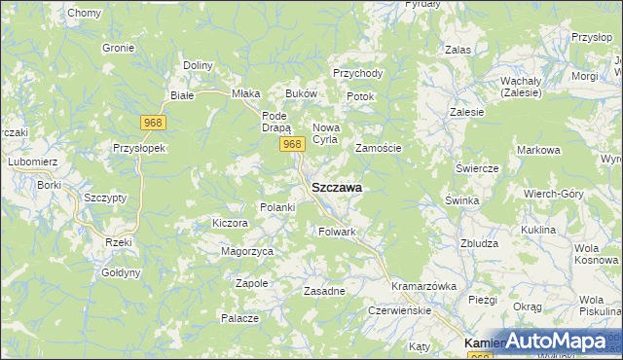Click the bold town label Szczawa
click(x=337, y=188)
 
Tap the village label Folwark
click(x=338, y=232)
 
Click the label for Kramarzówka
click(x=423, y=287)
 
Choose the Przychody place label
click(x=357, y=73)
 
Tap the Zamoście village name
click(x=378, y=148)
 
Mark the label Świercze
click(x=477, y=167)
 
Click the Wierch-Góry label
click(x=554, y=193)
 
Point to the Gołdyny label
click(x=121, y=273)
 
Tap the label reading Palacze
click(x=238, y=318)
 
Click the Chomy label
click(x=85, y=13)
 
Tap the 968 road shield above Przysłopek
click(x=153, y=123)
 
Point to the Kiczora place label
click(x=231, y=223)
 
